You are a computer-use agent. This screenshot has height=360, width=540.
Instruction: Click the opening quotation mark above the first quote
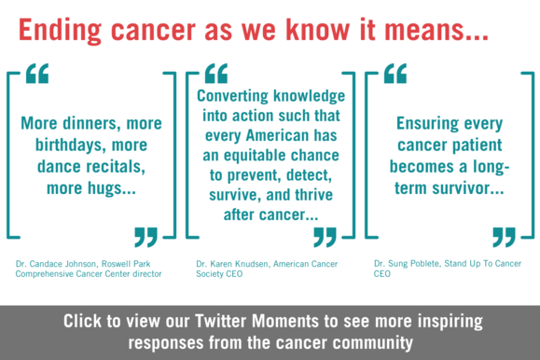click(x=36, y=74)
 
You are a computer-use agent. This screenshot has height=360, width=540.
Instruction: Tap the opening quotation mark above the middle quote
click(x=215, y=74)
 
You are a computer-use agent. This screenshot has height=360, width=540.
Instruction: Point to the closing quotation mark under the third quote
click(x=504, y=236)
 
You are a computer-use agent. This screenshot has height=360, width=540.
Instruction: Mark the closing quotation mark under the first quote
click(x=146, y=236)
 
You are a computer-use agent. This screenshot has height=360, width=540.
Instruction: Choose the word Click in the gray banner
click(x=87, y=322)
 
